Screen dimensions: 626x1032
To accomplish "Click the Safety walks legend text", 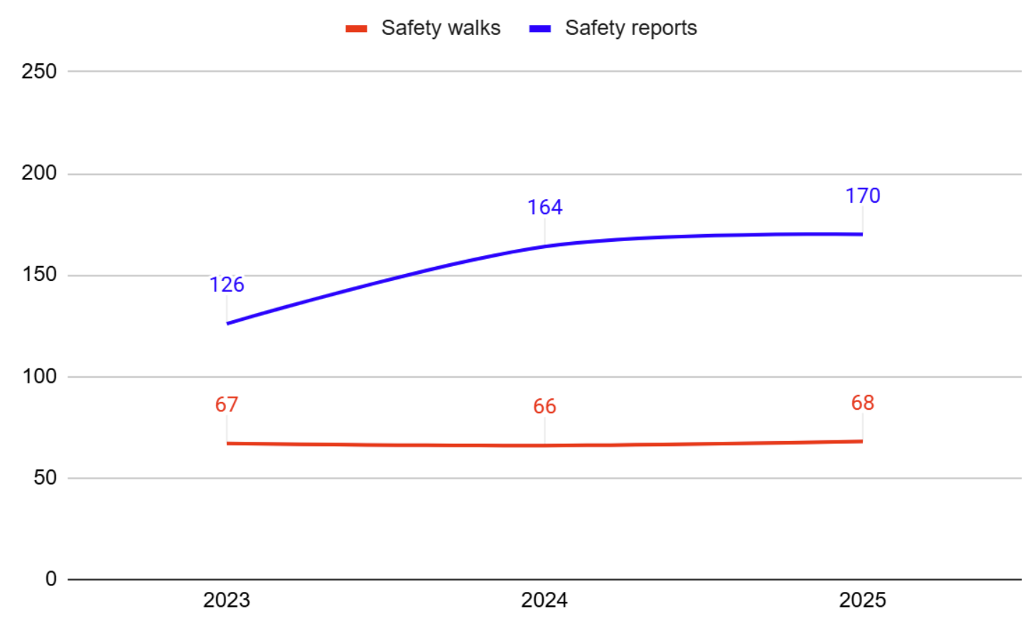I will [x=441, y=28].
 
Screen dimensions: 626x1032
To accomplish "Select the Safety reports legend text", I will [x=630, y=28].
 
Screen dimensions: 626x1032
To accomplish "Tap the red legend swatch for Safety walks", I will [x=356, y=28].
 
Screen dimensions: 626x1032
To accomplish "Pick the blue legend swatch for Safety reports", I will [x=540, y=28].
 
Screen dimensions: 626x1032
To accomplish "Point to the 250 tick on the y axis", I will [x=39, y=71].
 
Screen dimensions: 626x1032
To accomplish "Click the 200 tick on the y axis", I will [x=39, y=173].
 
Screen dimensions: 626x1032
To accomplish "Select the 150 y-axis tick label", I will [x=39, y=275].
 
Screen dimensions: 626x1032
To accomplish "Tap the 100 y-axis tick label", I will [x=39, y=376].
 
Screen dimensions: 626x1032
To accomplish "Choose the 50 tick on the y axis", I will [x=45, y=478].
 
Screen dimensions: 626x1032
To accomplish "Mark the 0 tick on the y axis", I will [x=50, y=579].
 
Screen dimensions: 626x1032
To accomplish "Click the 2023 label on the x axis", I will [x=227, y=600].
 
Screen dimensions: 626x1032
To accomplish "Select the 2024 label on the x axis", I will [x=544, y=600].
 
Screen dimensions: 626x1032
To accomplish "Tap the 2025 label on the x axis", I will [x=862, y=600].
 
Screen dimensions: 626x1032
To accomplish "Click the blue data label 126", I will [x=227, y=285].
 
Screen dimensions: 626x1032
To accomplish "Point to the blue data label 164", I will [x=544, y=207].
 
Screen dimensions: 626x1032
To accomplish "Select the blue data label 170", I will [x=862, y=196].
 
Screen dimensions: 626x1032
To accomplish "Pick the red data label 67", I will [x=227, y=405].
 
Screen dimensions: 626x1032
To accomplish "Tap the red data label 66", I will [x=544, y=407].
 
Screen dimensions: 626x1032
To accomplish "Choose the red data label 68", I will [x=862, y=403].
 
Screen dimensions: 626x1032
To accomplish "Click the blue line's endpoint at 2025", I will [x=861, y=234].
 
